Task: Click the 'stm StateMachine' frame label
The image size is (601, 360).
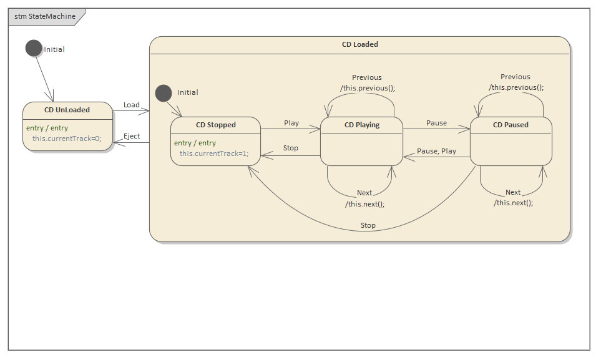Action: tap(41, 17)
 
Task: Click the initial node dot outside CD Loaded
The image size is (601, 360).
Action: tap(34, 48)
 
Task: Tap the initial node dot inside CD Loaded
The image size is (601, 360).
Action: tap(163, 92)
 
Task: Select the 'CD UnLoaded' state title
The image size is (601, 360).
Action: tap(67, 110)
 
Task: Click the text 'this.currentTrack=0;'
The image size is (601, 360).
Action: tap(67, 139)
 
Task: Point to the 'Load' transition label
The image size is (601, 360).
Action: tap(132, 105)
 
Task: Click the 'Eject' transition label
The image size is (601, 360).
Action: tap(132, 136)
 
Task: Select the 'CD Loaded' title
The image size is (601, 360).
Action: tap(359, 44)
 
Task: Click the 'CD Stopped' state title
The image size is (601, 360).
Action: tap(216, 125)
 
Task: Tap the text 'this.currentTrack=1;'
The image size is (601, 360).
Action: tap(214, 153)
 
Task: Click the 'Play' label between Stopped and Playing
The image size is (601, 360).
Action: tap(291, 123)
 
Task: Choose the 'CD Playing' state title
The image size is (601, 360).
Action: tap(362, 125)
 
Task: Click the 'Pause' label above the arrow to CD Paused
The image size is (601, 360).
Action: tap(436, 123)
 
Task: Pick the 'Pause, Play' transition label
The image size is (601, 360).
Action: tap(436, 151)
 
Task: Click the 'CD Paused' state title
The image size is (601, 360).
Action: tap(511, 125)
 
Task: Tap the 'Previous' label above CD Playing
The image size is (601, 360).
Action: tap(367, 77)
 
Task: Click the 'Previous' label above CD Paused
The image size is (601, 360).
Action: tap(515, 77)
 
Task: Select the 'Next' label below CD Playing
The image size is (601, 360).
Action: tap(364, 193)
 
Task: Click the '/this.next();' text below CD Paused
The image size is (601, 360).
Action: tap(513, 203)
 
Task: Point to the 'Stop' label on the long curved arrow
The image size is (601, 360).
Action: tap(368, 225)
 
